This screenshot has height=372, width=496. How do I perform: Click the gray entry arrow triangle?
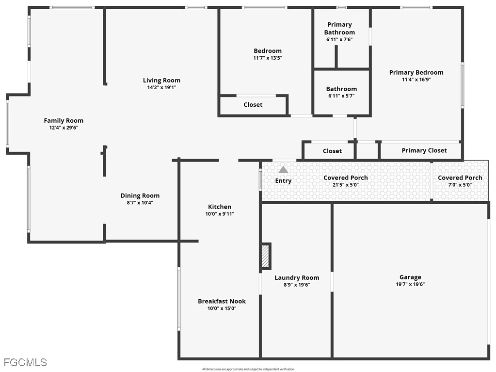(283, 170)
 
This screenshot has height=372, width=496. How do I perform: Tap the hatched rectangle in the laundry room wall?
(266, 256)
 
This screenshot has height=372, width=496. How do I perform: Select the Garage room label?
(410, 277)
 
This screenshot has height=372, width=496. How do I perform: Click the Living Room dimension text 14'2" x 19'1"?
(161, 88)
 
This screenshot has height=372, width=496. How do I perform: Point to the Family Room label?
(64, 121)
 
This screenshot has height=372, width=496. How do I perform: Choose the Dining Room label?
(140, 195)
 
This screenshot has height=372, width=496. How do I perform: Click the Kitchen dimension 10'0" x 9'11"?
(220, 214)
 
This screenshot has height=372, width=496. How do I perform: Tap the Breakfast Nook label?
(222, 301)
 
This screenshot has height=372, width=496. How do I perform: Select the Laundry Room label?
(297, 278)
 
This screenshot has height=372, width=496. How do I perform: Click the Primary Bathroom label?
(339, 28)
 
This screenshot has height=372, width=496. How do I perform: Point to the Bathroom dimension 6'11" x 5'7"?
(341, 96)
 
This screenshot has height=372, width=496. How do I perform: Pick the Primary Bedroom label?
(416, 73)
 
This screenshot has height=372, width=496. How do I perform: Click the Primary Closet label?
(424, 150)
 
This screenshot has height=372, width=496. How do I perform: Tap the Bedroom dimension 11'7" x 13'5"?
(268, 58)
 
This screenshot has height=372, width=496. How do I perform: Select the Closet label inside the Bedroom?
(253, 105)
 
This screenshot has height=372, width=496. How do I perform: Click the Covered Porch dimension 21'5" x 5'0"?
(346, 185)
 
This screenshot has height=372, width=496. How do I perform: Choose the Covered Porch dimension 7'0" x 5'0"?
(460, 185)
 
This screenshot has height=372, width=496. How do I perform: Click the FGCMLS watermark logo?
(25, 362)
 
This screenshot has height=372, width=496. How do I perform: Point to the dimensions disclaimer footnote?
(248, 369)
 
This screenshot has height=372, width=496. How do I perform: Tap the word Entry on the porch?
(283, 181)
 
